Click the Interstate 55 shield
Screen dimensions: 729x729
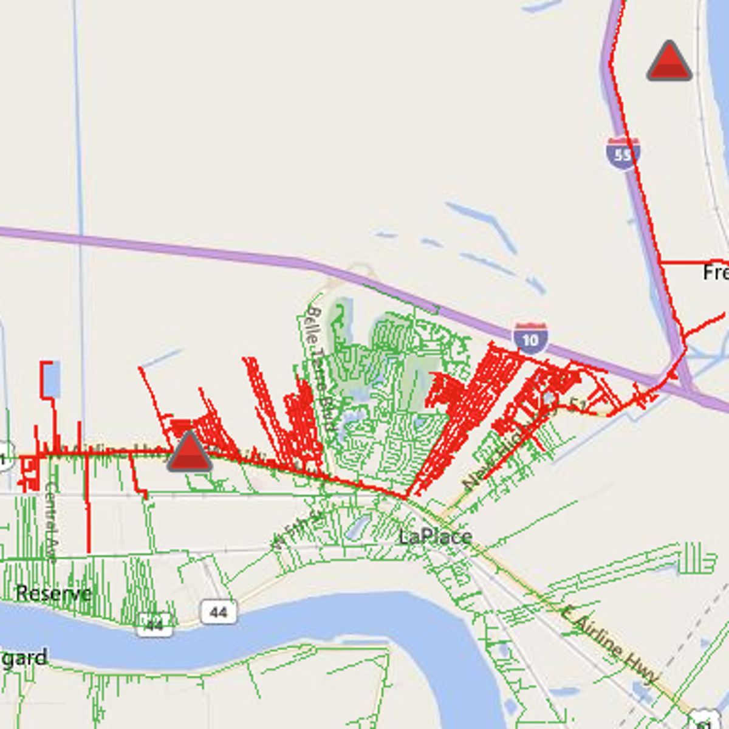tap(623, 154)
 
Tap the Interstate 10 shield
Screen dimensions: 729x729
tap(530, 338)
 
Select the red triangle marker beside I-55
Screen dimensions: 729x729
tap(669, 63)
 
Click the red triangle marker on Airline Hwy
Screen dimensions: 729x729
tap(190, 453)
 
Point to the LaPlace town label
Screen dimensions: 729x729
tap(435, 536)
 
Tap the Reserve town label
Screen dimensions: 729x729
tap(53, 593)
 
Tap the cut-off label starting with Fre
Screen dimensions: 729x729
tap(716, 272)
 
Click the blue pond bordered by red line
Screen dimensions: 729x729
tap(51, 380)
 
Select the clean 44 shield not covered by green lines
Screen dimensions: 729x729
tap(219, 612)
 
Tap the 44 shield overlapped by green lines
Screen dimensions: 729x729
tap(154, 624)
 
